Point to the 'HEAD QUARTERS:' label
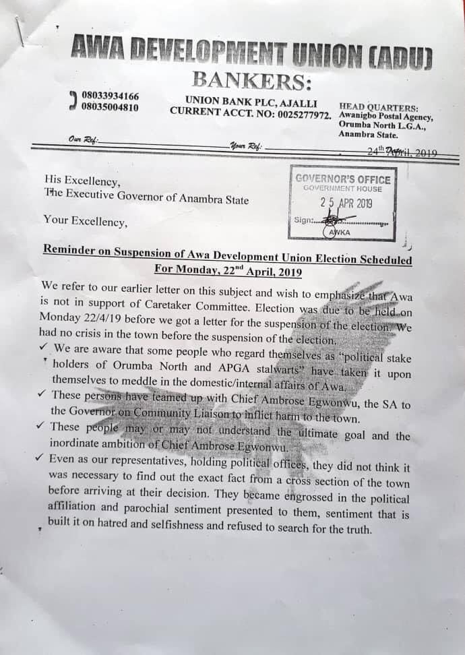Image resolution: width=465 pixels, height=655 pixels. coord(378,107)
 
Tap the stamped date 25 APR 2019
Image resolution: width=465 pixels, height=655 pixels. coord(346,203)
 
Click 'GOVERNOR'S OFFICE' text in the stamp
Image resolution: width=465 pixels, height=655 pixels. coord(343,179)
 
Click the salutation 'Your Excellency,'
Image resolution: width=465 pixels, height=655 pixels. coord(84,219)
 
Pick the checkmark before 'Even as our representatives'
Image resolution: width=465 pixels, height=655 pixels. coord(42,459)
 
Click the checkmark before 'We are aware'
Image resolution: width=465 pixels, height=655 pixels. coord(43,348)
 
